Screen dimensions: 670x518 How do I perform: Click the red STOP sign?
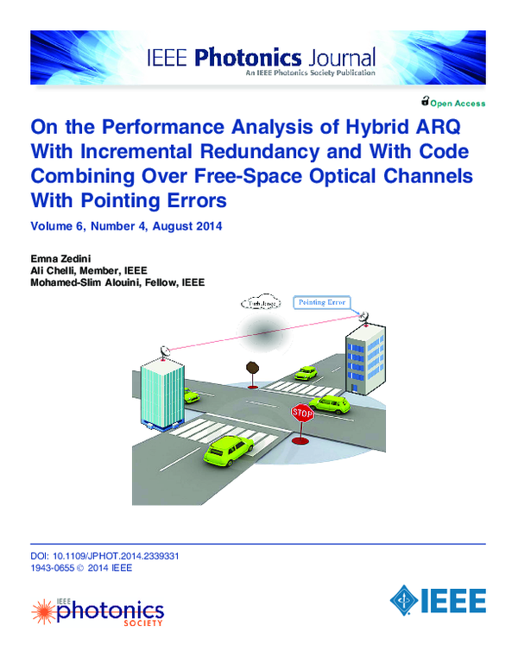(301, 413)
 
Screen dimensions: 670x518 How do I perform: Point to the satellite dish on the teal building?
(164, 351)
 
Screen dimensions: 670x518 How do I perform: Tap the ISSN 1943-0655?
(50, 568)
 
